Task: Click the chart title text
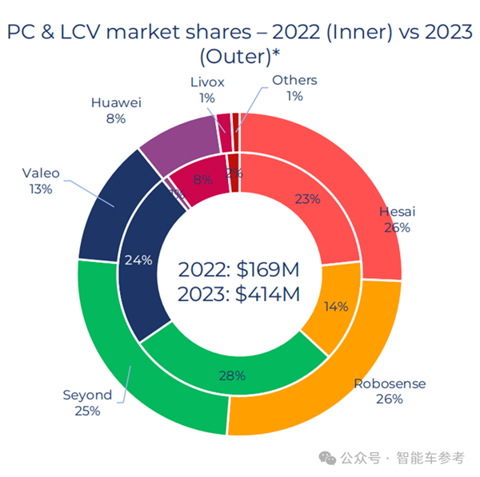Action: [x=240, y=44]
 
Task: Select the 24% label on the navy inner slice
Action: [x=138, y=260]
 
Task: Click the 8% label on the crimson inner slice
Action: [x=202, y=180]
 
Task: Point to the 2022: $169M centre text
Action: [x=240, y=268]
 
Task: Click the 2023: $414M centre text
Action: [x=240, y=295]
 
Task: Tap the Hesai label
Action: [x=397, y=212]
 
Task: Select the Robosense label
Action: [x=390, y=384]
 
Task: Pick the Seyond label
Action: [x=87, y=396]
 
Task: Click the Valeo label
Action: [x=41, y=173]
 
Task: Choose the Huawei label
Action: [x=116, y=102]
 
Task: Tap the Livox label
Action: [x=208, y=82]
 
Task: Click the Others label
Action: [x=294, y=80]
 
